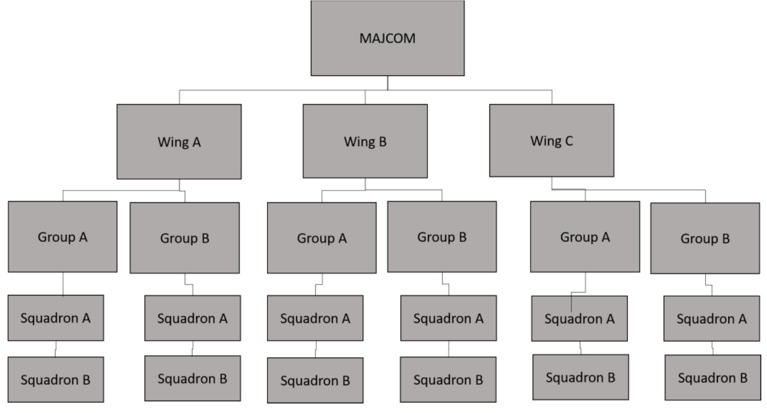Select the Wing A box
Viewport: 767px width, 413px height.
(179, 141)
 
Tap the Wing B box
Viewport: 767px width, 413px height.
(365, 141)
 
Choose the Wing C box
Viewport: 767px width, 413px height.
(552, 140)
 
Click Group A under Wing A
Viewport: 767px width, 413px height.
(63, 237)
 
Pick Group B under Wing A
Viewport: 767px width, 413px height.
(184, 238)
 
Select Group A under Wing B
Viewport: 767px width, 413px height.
(321, 238)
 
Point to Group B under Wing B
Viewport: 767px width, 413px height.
(442, 237)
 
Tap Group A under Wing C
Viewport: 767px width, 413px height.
(585, 237)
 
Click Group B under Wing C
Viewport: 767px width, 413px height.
(705, 238)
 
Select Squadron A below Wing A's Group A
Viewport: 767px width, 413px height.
(55, 318)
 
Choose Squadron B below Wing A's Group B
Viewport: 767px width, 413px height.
(192, 378)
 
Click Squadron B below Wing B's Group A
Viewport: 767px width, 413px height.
(315, 380)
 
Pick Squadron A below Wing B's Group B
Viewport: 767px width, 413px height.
(448, 318)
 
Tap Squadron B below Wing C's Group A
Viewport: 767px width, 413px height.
(580, 377)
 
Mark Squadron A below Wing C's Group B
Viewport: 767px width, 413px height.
(711, 318)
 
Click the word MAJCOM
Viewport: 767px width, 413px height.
(387, 38)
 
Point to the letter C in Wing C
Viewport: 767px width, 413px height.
(568, 141)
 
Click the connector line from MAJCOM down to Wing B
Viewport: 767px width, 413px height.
(365, 97)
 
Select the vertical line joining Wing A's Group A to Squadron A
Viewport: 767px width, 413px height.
(63, 284)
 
